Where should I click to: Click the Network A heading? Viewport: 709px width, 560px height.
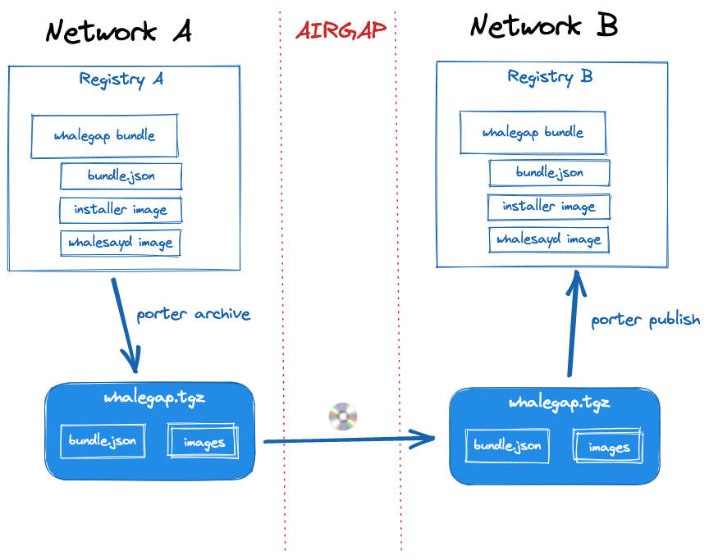click(118, 31)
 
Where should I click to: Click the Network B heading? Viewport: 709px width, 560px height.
click(543, 26)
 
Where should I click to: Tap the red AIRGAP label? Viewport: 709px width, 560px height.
click(341, 31)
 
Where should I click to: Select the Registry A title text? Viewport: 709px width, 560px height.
click(121, 79)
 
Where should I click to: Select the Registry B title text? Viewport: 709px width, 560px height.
click(550, 76)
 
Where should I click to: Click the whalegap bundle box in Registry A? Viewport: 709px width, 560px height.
click(104, 135)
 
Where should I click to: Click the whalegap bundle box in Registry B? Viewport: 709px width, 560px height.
click(533, 132)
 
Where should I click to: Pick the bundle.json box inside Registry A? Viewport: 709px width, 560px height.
click(121, 175)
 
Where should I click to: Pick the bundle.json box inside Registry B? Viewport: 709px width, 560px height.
click(549, 172)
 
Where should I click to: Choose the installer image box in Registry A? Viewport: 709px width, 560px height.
click(120, 209)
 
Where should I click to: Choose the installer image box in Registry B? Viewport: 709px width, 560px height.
click(548, 206)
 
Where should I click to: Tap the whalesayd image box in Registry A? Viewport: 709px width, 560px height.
click(120, 243)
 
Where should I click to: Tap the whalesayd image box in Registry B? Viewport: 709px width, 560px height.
click(548, 239)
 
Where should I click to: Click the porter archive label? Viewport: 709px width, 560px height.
click(193, 314)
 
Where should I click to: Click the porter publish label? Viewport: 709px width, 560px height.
click(646, 319)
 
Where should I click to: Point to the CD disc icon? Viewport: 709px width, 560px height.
click(343, 417)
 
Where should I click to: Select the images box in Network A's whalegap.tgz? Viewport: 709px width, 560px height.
click(204, 442)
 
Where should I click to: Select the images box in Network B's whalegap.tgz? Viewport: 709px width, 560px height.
click(608, 447)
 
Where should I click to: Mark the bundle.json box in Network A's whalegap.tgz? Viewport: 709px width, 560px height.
click(103, 440)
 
